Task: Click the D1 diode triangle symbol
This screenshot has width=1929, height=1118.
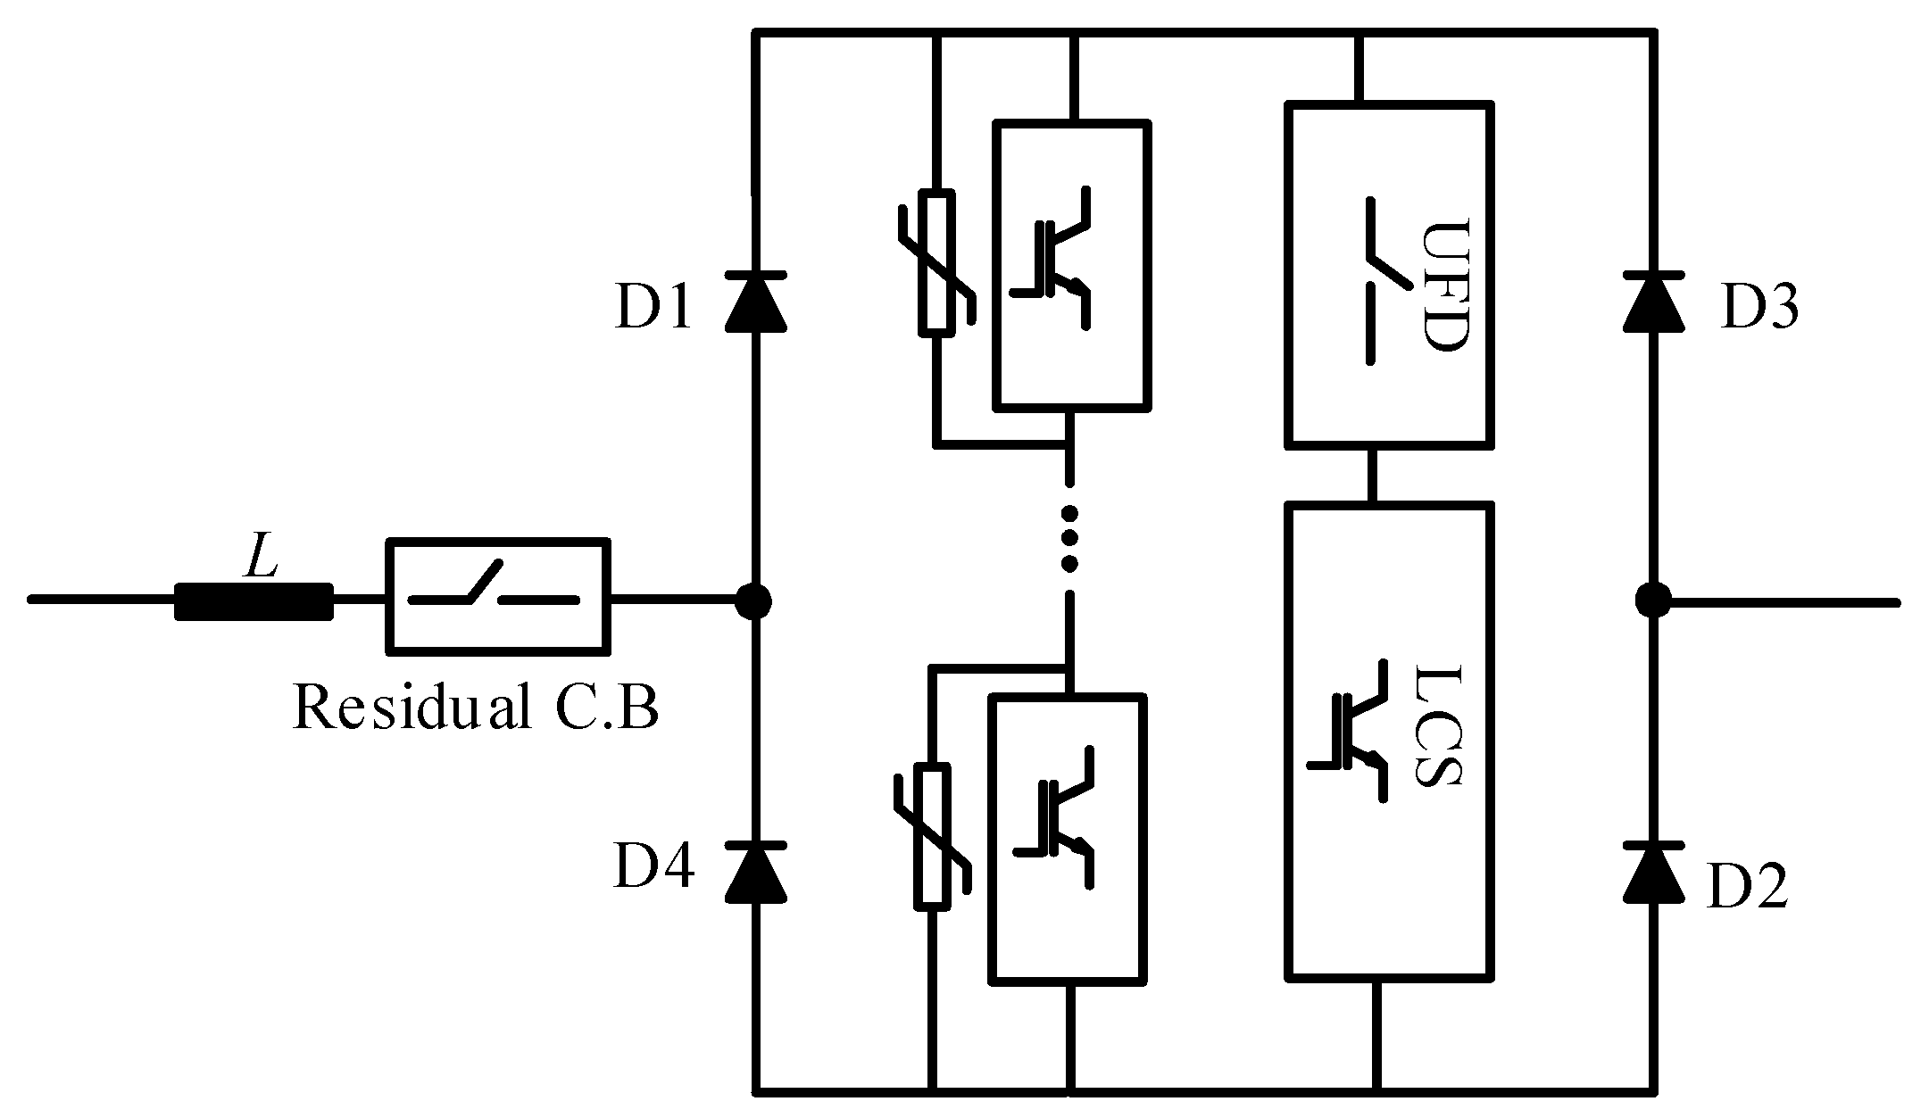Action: (755, 303)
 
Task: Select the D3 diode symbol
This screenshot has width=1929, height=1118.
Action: (1654, 303)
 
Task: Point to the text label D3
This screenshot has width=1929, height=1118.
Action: (1759, 309)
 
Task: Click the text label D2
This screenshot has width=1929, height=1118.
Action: (1747, 888)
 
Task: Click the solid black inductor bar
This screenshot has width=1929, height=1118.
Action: (254, 600)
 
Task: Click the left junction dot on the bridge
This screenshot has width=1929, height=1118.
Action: (754, 601)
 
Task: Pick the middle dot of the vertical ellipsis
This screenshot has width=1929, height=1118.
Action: (1068, 538)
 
